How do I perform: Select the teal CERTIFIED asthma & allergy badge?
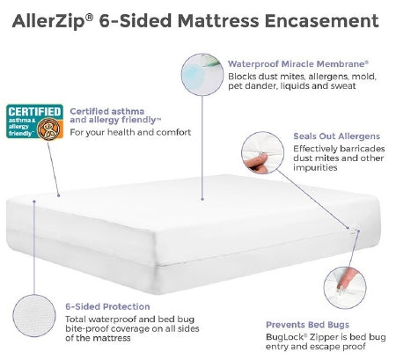[34, 124]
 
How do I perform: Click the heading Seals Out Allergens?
[336, 136]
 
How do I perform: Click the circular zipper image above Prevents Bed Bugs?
[346, 284]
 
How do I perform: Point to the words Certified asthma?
[99, 111]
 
